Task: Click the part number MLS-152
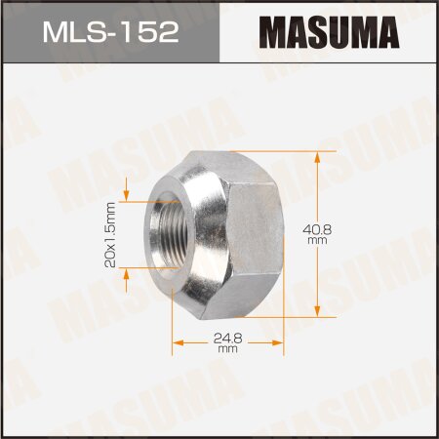[x=109, y=32]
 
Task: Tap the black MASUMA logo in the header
[x=328, y=32]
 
